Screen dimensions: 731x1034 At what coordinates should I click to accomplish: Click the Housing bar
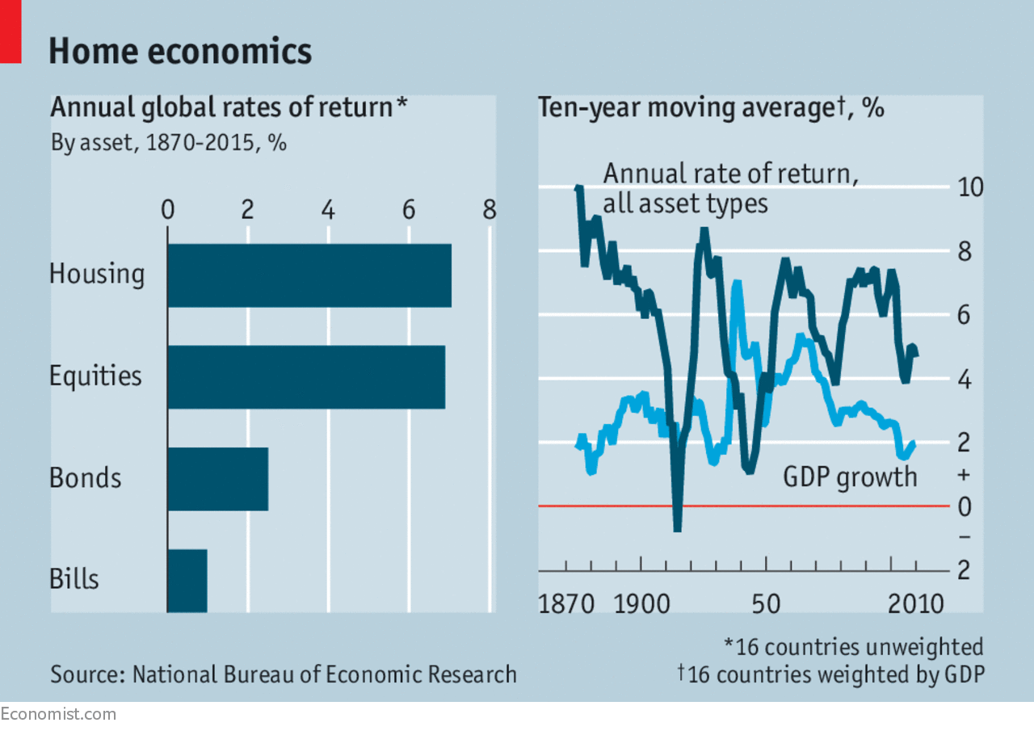pos(309,275)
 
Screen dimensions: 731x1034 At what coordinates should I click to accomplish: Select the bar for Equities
pos(305,377)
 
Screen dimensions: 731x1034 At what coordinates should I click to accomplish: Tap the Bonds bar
pos(217,478)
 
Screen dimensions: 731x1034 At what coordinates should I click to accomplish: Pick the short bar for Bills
pos(187,580)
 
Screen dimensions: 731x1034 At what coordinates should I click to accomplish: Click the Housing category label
pos(97,274)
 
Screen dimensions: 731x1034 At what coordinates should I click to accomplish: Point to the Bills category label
pos(74,579)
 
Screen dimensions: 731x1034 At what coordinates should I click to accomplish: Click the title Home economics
pos(180,51)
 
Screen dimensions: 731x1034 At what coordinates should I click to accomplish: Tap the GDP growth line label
pos(850,477)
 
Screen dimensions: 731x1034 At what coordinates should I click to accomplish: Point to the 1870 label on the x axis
pos(566,603)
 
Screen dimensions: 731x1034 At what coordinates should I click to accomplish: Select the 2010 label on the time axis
pos(914,603)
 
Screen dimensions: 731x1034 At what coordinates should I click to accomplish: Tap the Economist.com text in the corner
pos(58,714)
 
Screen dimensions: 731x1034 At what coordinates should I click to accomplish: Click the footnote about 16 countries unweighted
pos(853,646)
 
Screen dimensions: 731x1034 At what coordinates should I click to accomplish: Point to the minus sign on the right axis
pos(964,537)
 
